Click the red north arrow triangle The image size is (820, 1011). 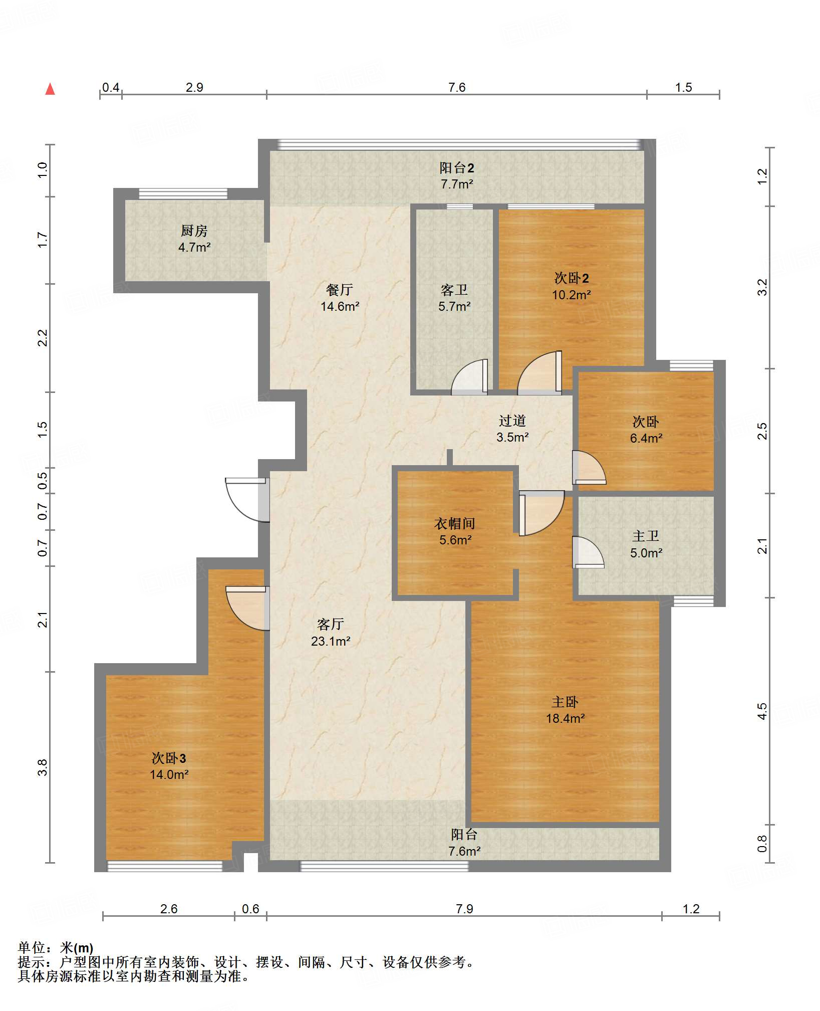click(x=50, y=89)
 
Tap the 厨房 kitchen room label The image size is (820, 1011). click(x=194, y=231)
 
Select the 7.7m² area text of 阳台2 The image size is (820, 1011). click(x=457, y=184)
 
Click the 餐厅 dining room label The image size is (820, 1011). click(x=340, y=289)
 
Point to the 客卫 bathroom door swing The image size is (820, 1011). click(x=469, y=376)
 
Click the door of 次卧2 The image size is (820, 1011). click(x=539, y=372)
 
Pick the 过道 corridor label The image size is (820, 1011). click(x=512, y=421)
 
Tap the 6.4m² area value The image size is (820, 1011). click(x=646, y=438)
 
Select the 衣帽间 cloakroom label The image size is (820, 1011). click(x=455, y=523)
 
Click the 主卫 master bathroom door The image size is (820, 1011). click(x=588, y=552)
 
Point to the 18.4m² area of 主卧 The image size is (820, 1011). click(x=565, y=718)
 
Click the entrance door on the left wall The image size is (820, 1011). click(x=247, y=500)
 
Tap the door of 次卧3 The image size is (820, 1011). click(x=247, y=608)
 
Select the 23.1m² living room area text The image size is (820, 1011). click(x=331, y=641)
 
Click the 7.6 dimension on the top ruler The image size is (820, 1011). click(x=457, y=87)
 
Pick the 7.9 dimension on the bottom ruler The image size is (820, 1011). click(x=464, y=909)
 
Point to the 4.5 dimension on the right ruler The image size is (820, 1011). click(x=762, y=711)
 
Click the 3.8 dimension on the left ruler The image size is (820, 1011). click(x=43, y=767)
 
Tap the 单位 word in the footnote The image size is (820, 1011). click(x=32, y=948)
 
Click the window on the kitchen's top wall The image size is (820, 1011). click(x=183, y=193)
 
